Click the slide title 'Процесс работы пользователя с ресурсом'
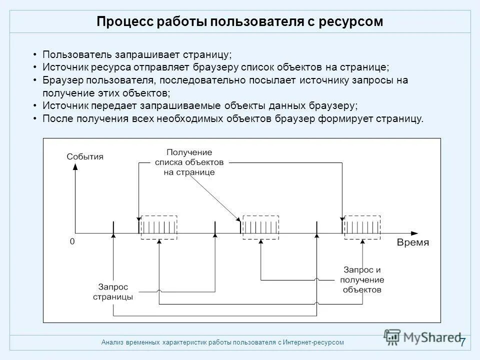[239, 22]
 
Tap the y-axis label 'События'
[85, 156]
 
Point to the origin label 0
[72, 241]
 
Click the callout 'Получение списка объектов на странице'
[189, 162]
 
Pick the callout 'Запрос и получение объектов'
[363, 279]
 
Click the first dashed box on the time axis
[159, 227]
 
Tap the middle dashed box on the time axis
[260, 227]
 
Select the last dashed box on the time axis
[362, 227]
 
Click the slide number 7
[462, 342]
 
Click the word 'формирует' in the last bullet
[350, 119]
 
